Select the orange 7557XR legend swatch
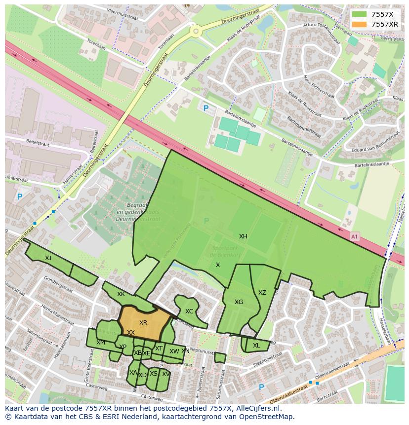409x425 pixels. pyautogui.click(x=360, y=24)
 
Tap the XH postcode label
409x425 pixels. pyautogui.click(x=243, y=236)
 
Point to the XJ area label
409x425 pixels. pyautogui.click(x=48, y=258)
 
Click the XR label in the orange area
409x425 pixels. pyautogui.click(x=143, y=323)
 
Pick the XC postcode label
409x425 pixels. pyautogui.click(x=189, y=311)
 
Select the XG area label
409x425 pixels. pyautogui.click(x=239, y=302)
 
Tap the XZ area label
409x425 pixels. pyautogui.click(x=262, y=293)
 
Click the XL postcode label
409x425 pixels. pyautogui.click(x=256, y=346)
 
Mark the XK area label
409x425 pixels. pyautogui.click(x=121, y=294)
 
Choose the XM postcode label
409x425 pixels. pyautogui.click(x=101, y=343)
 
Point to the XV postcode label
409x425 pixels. pyautogui.click(x=165, y=374)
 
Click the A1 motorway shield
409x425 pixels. pyautogui.click(x=354, y=237)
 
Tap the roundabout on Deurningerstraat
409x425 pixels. pyautogui.click(x=196, y=32)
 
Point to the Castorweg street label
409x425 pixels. pyautogui.click(x=152, y=396)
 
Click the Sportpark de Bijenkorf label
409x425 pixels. pyautogui.click(x=225, y=251)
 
